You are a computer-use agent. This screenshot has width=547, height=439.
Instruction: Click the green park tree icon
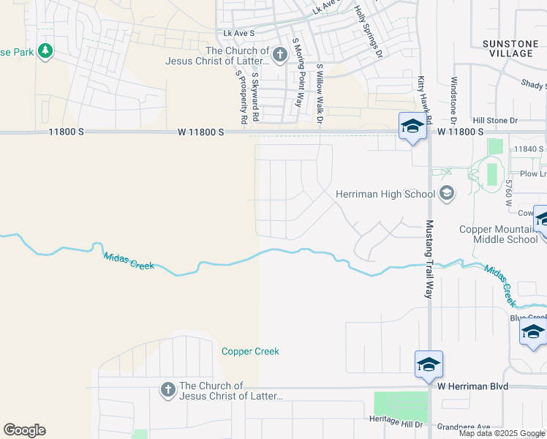pos(46,50)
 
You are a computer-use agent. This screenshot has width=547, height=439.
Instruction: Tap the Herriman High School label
pos(385,194)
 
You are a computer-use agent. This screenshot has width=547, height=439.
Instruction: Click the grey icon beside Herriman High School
pos(447,194)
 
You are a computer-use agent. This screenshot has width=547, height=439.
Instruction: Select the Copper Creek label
pos(250,351)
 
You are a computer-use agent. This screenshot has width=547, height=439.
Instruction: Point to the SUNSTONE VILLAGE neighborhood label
pos(510,49)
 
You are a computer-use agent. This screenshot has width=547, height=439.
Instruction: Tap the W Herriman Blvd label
pos(473,386)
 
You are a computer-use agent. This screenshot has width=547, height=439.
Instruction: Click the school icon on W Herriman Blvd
pos(429,364)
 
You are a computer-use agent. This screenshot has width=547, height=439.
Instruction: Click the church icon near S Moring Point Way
pos(279,54)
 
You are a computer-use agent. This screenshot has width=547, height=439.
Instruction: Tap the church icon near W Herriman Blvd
pos(167,390)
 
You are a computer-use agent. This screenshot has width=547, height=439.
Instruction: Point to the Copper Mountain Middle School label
pos(499,234)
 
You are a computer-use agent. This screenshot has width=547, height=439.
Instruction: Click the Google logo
pos(24,430)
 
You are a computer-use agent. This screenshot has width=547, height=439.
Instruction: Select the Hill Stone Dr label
pos(494,120)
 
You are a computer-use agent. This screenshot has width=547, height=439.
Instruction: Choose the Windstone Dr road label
pos(453,100)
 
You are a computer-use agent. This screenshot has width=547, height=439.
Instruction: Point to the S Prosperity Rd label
pos(238,96)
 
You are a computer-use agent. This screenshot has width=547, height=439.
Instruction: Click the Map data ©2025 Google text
pos(501,433)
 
